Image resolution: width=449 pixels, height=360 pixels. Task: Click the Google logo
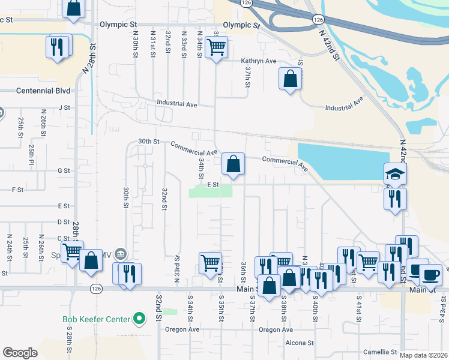tap(20, 353)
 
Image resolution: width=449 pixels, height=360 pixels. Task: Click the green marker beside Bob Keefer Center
tap(140, 319)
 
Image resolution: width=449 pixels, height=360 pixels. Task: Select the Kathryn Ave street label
tap(259, 61)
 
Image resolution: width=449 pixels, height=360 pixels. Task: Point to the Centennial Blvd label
tap(43, 91)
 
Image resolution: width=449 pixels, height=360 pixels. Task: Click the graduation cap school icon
tap(396, 174)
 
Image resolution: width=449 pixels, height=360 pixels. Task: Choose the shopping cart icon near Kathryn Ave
tap(216, 46)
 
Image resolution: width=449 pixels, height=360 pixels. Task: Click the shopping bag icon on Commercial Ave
tap(233, 163)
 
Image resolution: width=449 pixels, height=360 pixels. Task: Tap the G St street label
tap(64, 171)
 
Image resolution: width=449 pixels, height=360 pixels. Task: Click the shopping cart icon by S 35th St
tap(211, 262)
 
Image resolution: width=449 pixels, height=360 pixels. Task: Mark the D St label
tap(64, 222)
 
